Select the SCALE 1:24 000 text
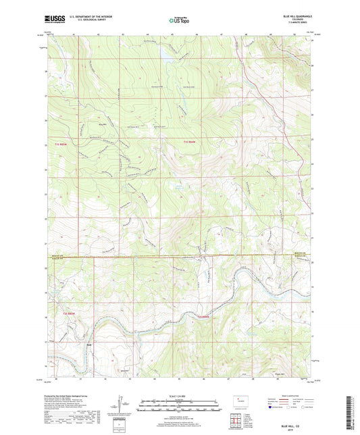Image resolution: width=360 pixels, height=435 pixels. click(x=180, y=396)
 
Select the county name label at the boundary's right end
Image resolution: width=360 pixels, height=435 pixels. click(x=301, y=255)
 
